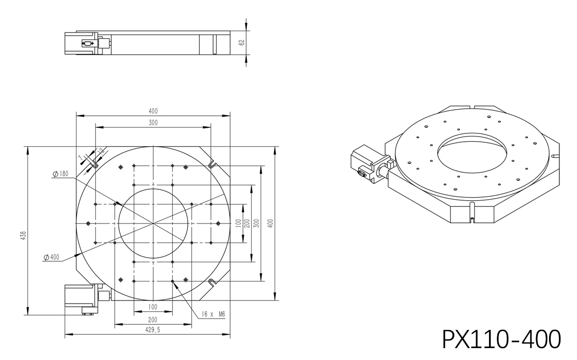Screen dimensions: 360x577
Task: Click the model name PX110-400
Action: (501, 339)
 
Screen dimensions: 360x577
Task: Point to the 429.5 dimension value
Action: (153, 329)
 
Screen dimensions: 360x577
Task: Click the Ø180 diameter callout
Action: (60, 174)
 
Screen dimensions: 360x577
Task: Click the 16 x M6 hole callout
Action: (213, 313)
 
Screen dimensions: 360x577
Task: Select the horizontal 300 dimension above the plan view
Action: (153, 123)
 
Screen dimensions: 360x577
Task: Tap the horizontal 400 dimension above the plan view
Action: (153, 111)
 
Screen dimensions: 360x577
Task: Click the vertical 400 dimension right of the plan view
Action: (270, 223)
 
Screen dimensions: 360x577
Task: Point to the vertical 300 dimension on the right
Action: (257, 223)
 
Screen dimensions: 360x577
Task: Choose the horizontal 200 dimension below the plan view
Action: (153, 320)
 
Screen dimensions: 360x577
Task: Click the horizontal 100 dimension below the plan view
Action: (153, 307)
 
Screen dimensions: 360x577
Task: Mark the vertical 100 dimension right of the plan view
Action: (238, 223)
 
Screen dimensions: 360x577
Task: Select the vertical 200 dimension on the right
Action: (247, 223)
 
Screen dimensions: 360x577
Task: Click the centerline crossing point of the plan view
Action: (154, 223)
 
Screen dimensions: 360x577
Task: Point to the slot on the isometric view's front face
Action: (473, 212)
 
